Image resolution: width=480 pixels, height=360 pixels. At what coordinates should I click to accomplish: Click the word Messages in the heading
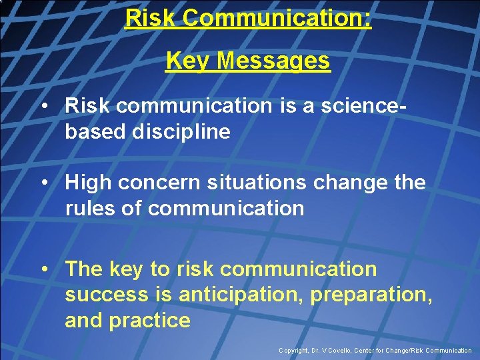(x=273, y=61)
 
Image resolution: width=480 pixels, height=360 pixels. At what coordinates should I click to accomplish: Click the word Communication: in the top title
(x=277, y=18)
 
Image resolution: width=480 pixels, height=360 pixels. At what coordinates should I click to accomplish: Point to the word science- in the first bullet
(x=385, y=105)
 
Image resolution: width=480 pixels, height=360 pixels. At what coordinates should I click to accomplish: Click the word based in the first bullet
(x=95, y=132)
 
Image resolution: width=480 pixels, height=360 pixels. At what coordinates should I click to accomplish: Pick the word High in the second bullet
(x=88, y=183)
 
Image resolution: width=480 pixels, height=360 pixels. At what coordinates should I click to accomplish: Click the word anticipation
(x=239, y=295)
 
